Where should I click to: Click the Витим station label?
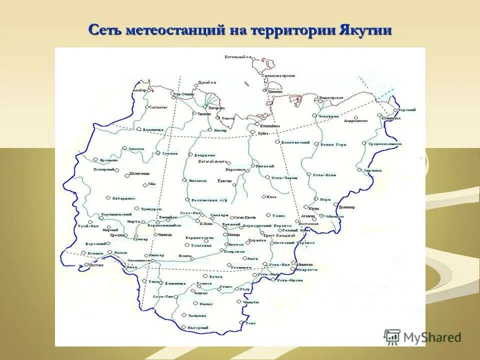point(96,265)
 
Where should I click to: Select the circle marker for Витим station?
point(86,265)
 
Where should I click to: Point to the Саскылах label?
point(157,107)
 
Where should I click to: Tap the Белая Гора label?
point(333,144)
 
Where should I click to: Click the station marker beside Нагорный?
point(184,327)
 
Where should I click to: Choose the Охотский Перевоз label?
point(298,242)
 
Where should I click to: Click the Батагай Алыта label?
point(213,162)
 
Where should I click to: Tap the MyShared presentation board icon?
point(392,336)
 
